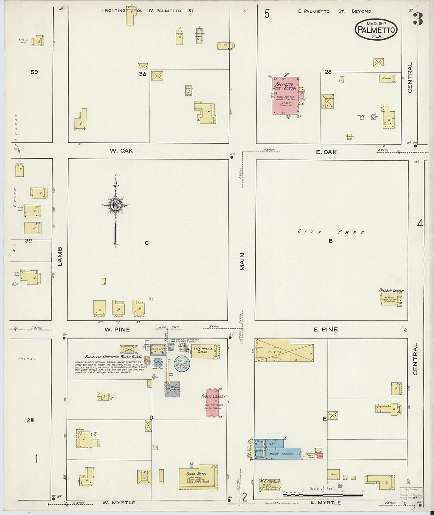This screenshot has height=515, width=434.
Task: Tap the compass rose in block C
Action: (x=116, y=205)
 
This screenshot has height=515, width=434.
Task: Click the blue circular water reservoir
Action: (x=182, y=363)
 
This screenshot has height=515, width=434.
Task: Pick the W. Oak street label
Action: (x=121, y=151)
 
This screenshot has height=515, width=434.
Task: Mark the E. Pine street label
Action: (x=325, y=330)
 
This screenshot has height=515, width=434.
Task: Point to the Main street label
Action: (x=242, y=262)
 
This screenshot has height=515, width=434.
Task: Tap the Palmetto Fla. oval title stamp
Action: (x=376, y=29)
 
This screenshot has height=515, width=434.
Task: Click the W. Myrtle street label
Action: (x=119, y=503)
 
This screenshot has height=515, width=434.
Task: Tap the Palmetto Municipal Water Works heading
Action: (x=113, y=356)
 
